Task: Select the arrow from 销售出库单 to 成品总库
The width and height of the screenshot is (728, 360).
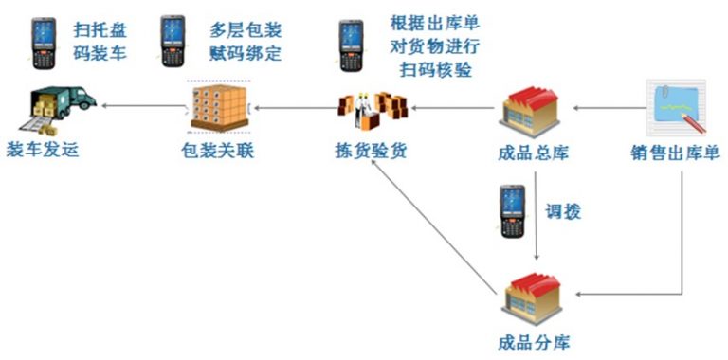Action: (607, 108)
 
